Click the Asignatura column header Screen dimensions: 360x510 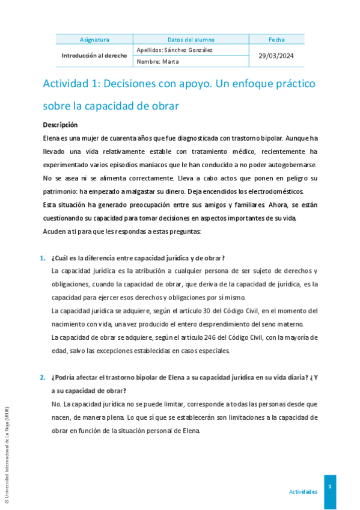coord(94,40)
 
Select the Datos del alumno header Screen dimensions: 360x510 coord(191,40)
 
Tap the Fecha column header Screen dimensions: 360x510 coord(277,40)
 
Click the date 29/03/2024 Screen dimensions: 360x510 coord(277,55)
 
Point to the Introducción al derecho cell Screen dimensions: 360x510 coord(94,55)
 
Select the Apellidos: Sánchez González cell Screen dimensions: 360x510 coord(175,50)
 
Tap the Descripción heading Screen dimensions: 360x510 coord(60,125)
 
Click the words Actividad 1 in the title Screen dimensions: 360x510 coord(69,83)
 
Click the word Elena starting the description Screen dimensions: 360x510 coord(51,138)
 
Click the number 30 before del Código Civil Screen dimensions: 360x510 coord(225,311)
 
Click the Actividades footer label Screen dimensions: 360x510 coord(303,491)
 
